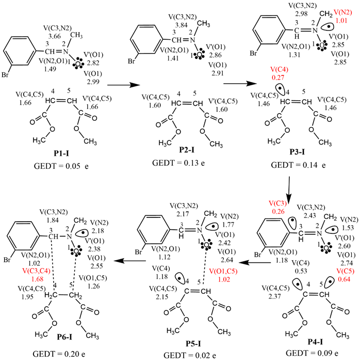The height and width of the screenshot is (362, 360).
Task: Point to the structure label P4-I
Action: [x=311, y=340]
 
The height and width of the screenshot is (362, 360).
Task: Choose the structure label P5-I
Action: [x=191, y=340]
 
